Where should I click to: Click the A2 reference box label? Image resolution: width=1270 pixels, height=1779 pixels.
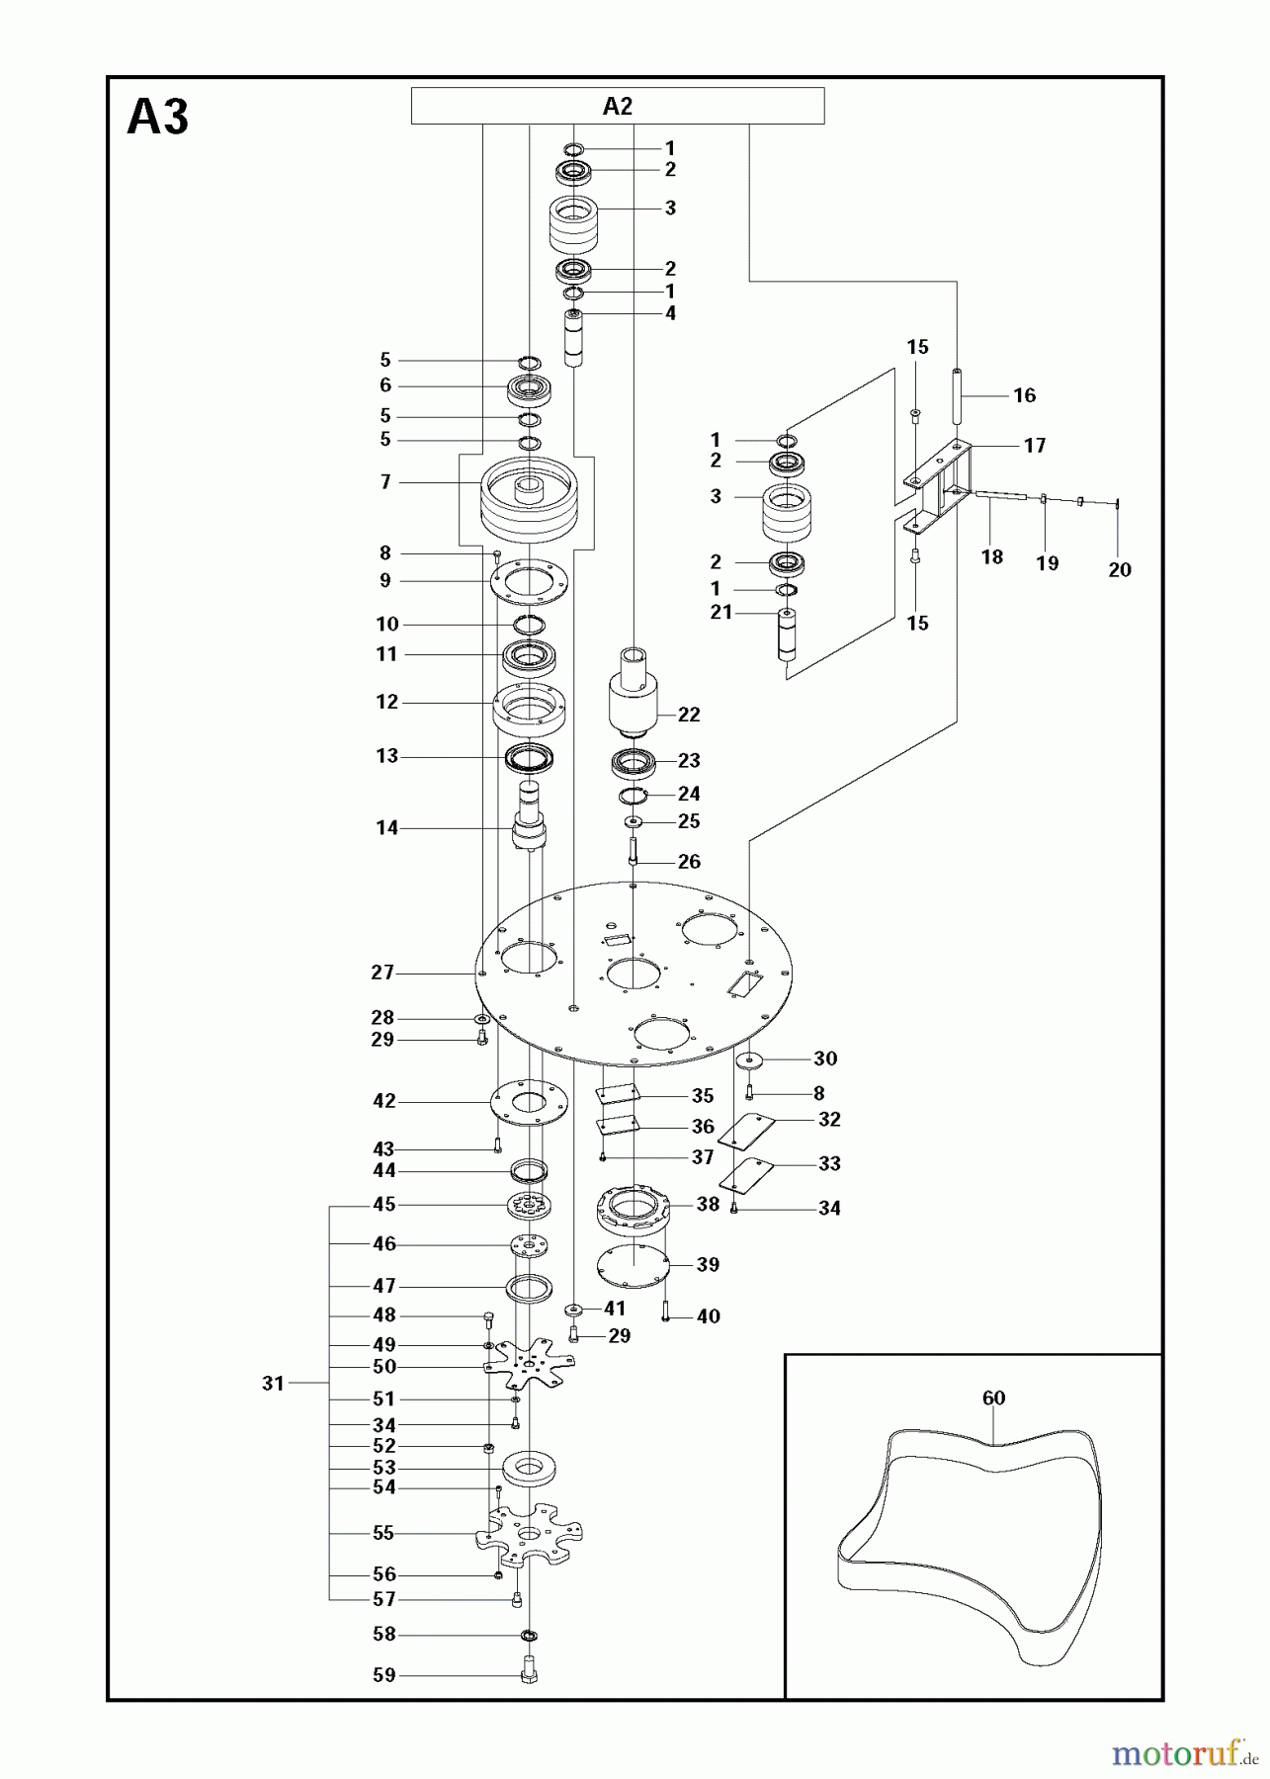coord(617,107)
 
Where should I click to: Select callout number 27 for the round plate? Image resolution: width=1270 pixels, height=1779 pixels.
coord(382,973)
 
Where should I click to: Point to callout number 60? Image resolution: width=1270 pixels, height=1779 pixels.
coord(993,1398)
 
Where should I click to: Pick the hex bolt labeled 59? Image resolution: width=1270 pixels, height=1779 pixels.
coord(528,1674)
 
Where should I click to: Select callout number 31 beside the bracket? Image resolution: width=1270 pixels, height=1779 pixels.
coord(274,1384)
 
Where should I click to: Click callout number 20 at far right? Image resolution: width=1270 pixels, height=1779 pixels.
coord(1119,569)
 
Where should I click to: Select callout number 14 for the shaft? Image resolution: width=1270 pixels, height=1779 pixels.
coord(386,827)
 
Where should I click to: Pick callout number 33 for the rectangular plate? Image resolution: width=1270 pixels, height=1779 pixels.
coord(829,1163)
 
